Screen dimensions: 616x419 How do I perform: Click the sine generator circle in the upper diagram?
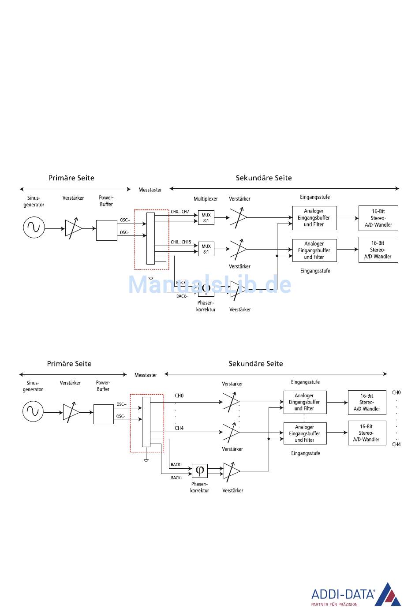[34, 228]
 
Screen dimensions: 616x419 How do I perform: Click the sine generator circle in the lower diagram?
[33, 411]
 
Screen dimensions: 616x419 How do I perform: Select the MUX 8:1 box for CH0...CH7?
[206, 218]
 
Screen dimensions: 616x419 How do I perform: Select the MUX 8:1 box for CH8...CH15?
[206, 249]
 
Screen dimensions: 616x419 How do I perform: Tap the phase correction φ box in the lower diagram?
[200, 470]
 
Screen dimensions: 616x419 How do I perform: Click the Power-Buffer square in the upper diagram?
[106, 230]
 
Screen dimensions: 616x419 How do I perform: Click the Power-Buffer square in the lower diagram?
[104, 414]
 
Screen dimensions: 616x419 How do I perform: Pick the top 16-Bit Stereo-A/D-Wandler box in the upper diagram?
[378, 218]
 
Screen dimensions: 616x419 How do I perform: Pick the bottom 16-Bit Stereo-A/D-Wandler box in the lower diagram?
[367, 433]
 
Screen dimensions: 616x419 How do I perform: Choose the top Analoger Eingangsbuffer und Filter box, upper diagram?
[314, 218]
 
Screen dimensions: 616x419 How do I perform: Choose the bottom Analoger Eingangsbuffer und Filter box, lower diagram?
[305, 433]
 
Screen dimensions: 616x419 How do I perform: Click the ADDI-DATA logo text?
[343, 594]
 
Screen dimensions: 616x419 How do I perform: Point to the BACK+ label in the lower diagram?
[176, 465]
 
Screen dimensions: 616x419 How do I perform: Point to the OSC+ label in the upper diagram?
[125, 220]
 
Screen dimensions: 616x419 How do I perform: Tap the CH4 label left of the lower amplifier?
[179, 428]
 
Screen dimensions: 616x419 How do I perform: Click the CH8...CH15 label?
[181, 242]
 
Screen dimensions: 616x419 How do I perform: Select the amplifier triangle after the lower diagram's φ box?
[231, 471]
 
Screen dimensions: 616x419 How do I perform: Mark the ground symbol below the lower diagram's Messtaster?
[146, 460]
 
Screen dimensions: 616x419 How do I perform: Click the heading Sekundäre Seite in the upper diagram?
[264, 178]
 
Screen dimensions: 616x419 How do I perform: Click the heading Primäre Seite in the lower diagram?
[69, 364]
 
